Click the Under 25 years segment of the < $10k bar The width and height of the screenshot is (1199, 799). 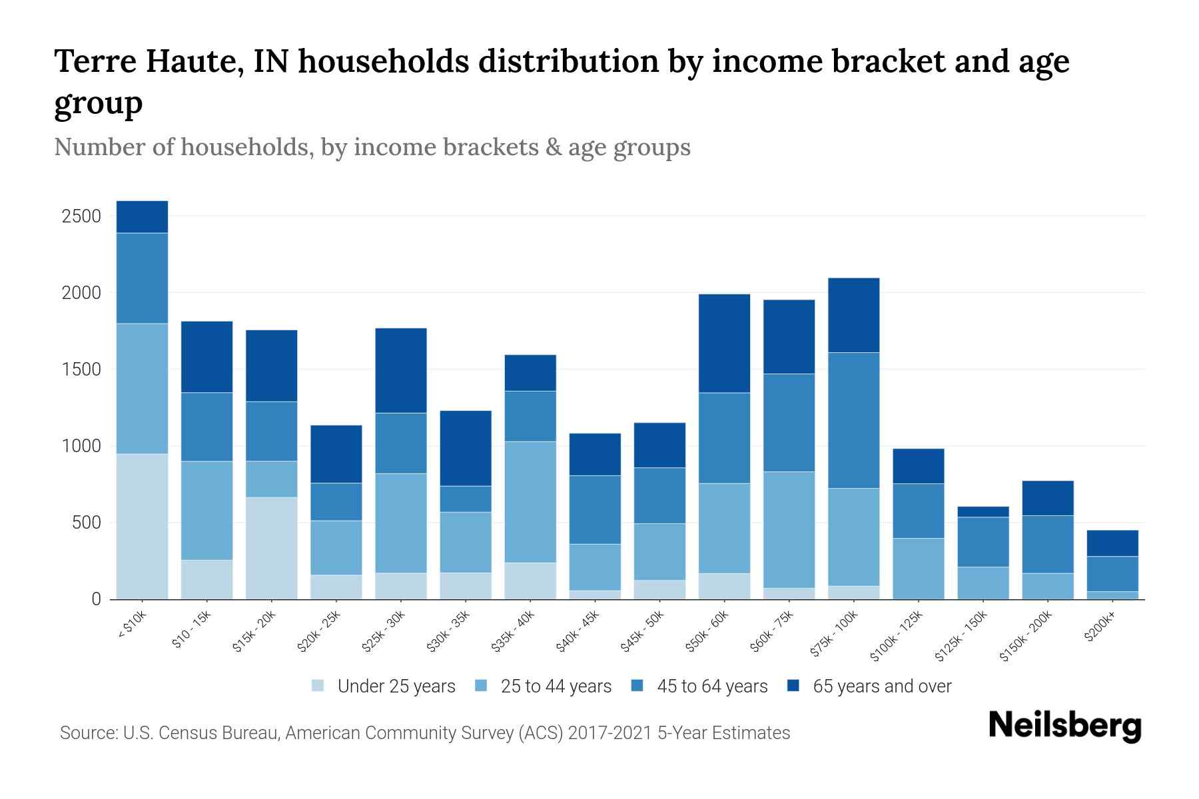(x=142, y=526)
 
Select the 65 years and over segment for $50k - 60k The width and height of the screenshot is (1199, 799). (x=724, y=344)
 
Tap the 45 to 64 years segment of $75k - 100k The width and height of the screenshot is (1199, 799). (x=853, y=420)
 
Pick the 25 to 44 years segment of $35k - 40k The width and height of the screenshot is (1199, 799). (x=530, y=502)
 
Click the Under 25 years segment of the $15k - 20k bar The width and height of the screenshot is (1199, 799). (x=271, y=548)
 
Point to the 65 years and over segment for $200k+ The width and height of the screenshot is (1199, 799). (x=1112, y=543)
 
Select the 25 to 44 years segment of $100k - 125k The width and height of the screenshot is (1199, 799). (x=918, y=569)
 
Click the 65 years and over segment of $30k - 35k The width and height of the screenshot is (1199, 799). (x=466, y=448)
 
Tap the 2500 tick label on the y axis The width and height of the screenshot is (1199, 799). (x=81, y=216)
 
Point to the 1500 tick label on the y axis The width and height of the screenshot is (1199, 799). (x=81, y=370)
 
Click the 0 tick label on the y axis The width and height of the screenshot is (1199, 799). (x=96, y=599)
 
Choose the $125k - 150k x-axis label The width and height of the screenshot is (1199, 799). (x=961, y=637)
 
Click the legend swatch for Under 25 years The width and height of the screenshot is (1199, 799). (x=318, y=686)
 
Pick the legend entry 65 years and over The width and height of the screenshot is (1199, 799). (x=881, y=686)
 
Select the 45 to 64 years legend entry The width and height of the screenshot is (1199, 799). (x=711, y=686)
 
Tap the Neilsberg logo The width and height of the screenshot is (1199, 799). (x=1064, y=726)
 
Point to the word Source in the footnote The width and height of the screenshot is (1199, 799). (x=87, y=733)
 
